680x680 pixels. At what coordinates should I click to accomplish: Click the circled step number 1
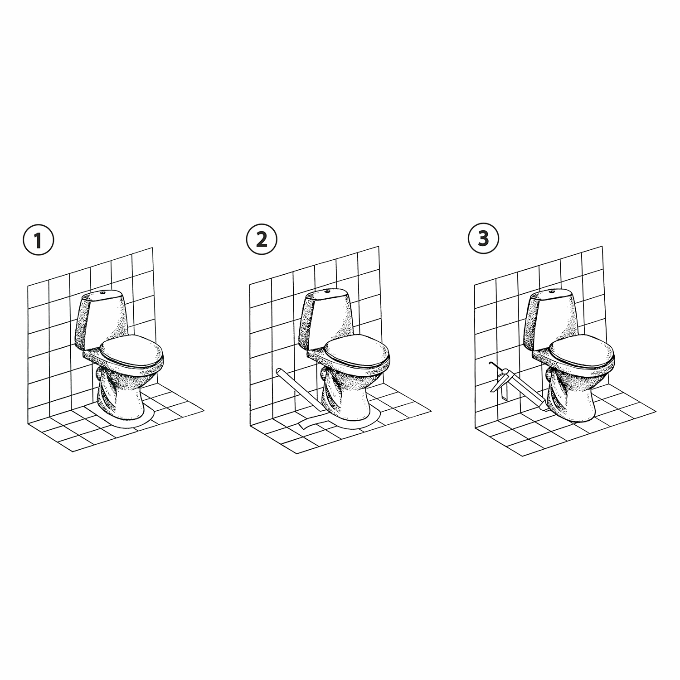tap(38, 241)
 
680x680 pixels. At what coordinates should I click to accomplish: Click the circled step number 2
tap(262, 239)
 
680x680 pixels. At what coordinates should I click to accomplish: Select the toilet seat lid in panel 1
tap(129, 350)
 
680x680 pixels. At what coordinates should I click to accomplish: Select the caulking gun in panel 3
tap(517, 385)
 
